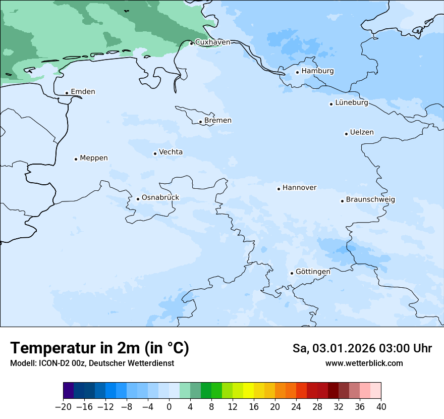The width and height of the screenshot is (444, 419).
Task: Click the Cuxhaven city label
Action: [212, 42]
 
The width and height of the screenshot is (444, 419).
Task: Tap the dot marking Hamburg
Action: [297, 72]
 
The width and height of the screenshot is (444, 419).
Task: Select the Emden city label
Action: [83, 92]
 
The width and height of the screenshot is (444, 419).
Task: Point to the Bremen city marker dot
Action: [200, 122]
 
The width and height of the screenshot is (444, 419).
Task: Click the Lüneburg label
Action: [351, 103]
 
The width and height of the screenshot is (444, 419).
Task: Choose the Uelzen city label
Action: [362, 132]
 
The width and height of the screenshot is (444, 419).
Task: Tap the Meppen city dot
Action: [76, 159]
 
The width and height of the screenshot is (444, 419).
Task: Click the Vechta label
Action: [171, 152]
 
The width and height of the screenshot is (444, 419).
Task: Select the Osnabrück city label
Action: [160, 198]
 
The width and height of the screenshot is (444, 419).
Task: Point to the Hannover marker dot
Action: [279, 189]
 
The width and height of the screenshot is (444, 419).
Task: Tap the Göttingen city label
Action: [313, 272]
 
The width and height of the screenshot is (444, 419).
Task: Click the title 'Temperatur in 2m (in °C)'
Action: [99, 348]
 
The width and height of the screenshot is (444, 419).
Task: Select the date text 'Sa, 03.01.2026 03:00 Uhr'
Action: [362, 348]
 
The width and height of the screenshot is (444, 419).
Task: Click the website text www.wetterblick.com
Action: [364, 363]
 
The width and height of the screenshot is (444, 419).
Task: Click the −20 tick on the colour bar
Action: [63, 407]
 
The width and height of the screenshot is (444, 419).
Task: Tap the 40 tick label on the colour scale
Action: [381, 407]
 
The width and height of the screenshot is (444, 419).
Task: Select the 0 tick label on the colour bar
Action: [169, 407]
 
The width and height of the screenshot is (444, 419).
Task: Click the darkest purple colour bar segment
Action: [68, 391]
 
